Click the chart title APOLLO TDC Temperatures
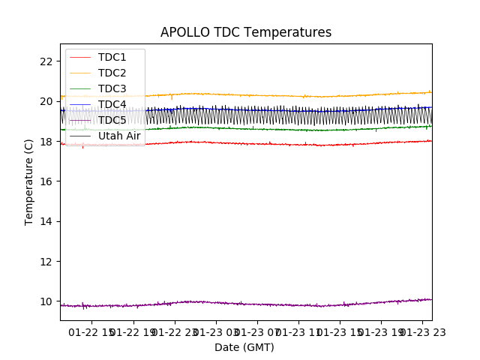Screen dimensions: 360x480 point(246,32)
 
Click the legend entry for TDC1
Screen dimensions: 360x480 point(112,57)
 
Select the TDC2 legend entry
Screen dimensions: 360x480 point(112,73)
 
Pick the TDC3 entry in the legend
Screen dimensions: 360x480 point(112,88)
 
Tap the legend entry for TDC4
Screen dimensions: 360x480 point(112,104)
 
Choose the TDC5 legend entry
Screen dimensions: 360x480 point(112,120)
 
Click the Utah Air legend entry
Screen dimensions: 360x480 point(118,136)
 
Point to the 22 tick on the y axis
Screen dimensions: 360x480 point(46,61)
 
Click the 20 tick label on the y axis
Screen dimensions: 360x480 point(46,101)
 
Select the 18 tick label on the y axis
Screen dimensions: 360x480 point(46,142)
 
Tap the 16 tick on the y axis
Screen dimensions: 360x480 point(46,181)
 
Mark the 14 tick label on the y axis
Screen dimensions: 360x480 point(46,221)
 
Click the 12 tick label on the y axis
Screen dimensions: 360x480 point(46,262)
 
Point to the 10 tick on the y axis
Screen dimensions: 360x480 point(46,301)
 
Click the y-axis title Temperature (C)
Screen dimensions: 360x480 point(29,181)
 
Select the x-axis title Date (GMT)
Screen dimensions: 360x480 point(244,347)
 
